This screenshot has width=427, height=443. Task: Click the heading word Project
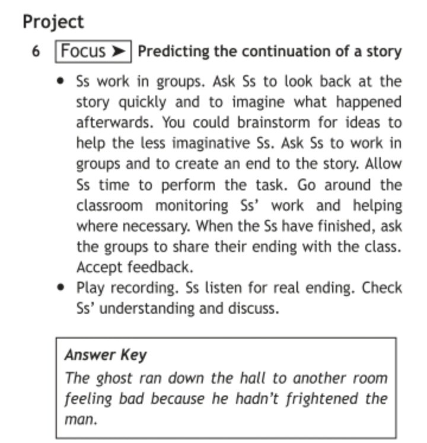coord(53,22)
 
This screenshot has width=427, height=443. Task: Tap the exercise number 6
coord(36,52)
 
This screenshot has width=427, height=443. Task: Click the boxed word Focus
coord(83,51)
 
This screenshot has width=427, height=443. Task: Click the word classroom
coord(109,205)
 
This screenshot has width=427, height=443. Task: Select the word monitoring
coord(191,205)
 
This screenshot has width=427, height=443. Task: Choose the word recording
coord(146,288)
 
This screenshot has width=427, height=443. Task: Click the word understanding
coord(145,309)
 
